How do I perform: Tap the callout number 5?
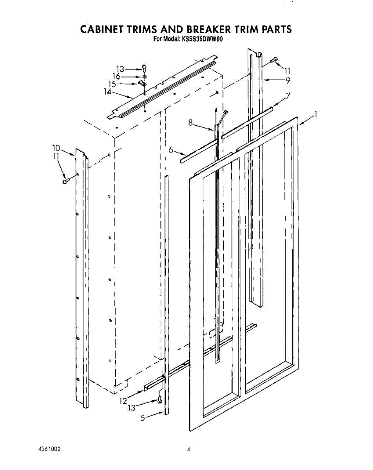pyautogui.click(x=143, y=418)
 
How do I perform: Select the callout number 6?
pyautogui.click(x=171, y=150)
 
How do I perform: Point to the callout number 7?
pyautogui.click(x=288, y=95)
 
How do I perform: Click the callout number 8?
pyautogui.click(x=190, y=123)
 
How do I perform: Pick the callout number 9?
pyautogui.click(x=288, y=81)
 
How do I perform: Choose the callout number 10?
pyautogui.click(x=56, y=148)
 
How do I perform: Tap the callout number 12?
pyautogui.click(x=124, y=400)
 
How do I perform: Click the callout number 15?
pyautogui.click(x=112, y=84)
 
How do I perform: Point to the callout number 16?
pyautogui.click(x=116, y=76)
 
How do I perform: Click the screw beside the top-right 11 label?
pyautogui.click(x=274, y=60)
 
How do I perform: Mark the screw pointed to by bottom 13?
pyautogui.click(x=159, y=400)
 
